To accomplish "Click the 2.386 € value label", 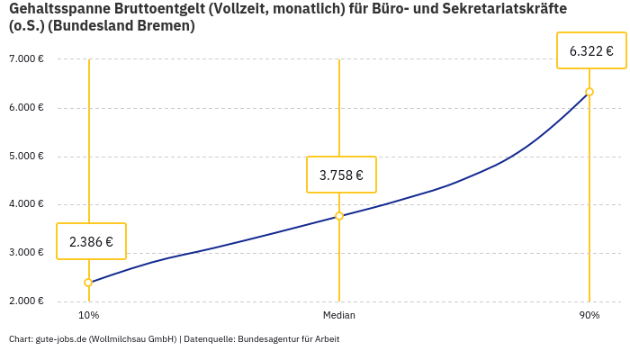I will [x=91, y=241].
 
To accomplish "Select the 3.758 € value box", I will [x=341, y=175].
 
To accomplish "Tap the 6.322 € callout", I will [x=591, y=51].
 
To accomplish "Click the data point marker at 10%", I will [x=88, y=283].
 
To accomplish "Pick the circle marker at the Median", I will [x=339, y=216].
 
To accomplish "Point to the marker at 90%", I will [x=589, y=92].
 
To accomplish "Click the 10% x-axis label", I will [x=88, y=315].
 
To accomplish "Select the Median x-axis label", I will [x=339, y=315].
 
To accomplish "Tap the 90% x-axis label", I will [x=589, y=315].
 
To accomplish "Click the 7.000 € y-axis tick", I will [x=26, y=59].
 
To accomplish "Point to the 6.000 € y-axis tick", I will [x=26, y=108].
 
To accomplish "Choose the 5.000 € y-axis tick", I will [x=26, y=156].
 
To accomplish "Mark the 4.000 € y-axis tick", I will [x=26, y=204].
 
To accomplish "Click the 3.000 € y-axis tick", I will [x=26, y=253].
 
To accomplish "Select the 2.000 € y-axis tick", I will [x=26, y=301].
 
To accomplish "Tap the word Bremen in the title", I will [x=166, y=26].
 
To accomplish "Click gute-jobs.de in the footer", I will [x=60, y=339].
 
